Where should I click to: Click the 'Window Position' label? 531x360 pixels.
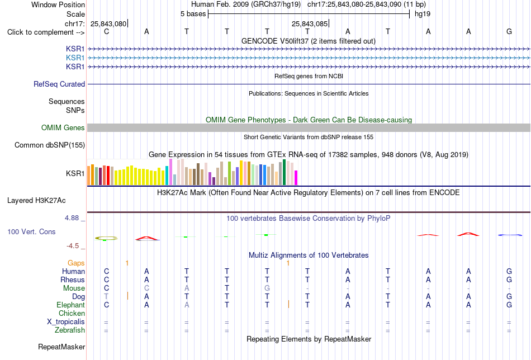[58, 4]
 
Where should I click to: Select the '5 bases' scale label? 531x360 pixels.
[193, 14]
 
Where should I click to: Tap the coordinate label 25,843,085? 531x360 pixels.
[310, 23]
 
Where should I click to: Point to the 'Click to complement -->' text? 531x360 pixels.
[46, 32]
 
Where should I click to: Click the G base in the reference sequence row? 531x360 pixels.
[509, 31]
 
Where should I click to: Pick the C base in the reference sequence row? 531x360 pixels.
[106, 31]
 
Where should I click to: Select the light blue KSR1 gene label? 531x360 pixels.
[75, 58]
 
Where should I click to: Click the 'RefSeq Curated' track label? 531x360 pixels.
[59, 84]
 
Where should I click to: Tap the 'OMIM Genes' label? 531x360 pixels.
[63, 127]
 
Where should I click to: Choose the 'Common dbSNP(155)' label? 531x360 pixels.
[50, 145]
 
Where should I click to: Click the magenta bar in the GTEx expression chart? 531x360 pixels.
[296, 178]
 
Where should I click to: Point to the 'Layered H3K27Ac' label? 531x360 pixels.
[36, 201]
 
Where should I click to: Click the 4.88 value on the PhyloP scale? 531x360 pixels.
[72, 218]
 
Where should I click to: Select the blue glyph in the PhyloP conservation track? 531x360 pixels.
[509, 235]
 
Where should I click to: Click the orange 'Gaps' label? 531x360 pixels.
[76, 263]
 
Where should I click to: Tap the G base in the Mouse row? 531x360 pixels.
[267, 288]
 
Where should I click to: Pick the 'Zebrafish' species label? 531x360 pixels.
[70, 330]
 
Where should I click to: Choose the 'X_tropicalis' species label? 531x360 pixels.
[66, 322]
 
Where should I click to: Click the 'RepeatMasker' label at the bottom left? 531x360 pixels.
[61, 347]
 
